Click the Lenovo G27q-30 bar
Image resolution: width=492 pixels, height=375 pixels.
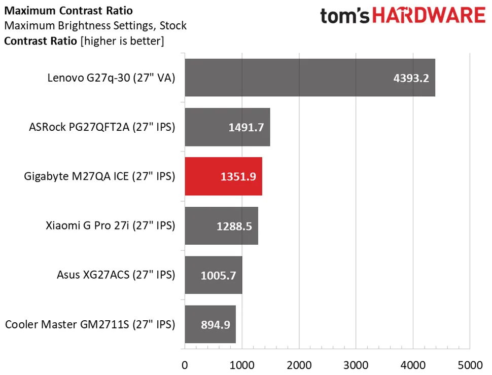pos(309,78)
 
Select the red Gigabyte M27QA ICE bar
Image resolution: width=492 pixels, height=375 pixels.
pos(223,176)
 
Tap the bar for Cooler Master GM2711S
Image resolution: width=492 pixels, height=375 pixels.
pos(210,324)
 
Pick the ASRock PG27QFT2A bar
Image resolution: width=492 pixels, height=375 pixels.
pos(227,127)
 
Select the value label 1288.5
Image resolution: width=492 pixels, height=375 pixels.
pos(233,226)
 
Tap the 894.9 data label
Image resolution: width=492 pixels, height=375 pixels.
pos(214,325)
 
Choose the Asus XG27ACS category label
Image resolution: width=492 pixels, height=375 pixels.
pos(116,275)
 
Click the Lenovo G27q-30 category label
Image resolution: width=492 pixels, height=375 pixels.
pos(111,78)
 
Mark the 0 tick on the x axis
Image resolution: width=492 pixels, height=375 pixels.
pos(185,364)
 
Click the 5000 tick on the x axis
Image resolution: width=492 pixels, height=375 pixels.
pos(470,364)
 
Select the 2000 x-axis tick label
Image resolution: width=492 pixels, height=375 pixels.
pos(299,364)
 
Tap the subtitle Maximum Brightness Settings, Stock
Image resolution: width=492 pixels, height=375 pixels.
pos(95,25)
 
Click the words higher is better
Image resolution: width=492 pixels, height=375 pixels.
pos(122,41)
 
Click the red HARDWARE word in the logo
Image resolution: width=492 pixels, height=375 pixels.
pos(428,16)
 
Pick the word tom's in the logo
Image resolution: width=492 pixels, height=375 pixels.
pos(344,16)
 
